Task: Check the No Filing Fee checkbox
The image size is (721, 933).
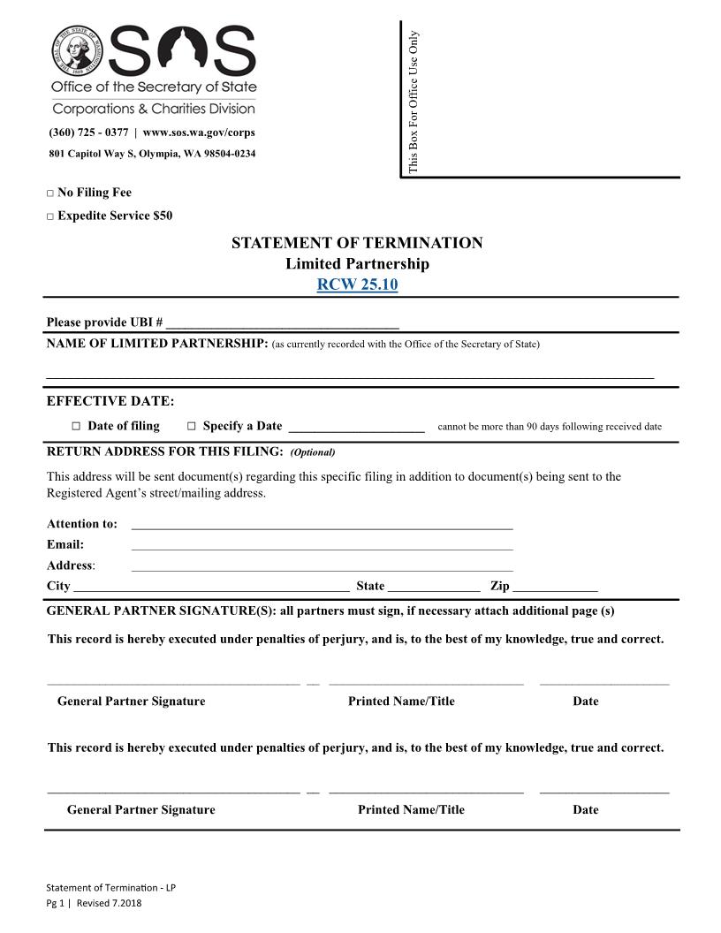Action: click(x=50, y=193)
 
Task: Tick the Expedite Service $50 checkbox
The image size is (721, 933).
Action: click(x=50, y=216)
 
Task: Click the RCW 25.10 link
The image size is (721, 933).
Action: click(x=357, y=284)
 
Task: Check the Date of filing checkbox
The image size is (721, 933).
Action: click(x=76, y=427)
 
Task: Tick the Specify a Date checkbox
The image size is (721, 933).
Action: click(x=191, y=427)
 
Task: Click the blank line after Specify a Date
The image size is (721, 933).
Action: click(x=356, y=427)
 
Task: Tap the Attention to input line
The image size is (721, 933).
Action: click(x=322, y=525)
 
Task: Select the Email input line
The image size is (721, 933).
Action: click(x=322, y=546)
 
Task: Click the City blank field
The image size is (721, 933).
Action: click(x=211, y=587)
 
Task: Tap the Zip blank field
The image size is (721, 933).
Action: click(x=555, y=587)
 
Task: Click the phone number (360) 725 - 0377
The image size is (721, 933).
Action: click(x=88, y=133)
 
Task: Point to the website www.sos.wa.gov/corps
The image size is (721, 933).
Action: click(x=199, y=133)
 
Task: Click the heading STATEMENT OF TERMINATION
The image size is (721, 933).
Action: click(x=357, y=243)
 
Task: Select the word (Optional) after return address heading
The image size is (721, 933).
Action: click(x=313, y=452)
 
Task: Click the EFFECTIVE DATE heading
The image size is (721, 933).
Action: click(x=110, y=401)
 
